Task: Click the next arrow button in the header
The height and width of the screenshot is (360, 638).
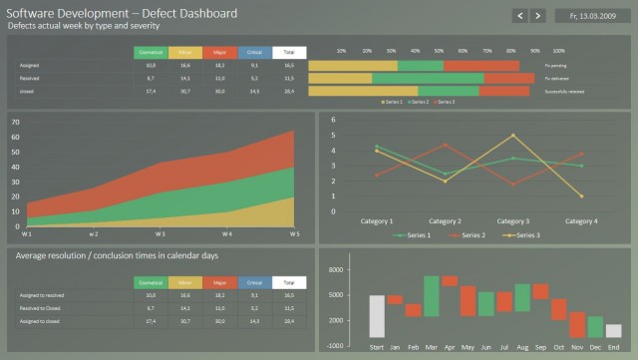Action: tap(538, 16)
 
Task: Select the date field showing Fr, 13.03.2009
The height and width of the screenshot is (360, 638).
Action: tap(590, 16)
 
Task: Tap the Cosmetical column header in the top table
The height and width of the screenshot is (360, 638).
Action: tap(150, 52)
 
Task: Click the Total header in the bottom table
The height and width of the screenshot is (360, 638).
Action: tap(289, 283)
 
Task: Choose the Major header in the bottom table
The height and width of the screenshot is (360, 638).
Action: tap(219, 283)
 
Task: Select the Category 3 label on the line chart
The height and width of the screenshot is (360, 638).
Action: tap(513, 221)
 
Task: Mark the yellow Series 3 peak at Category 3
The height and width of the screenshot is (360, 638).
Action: tap(513, 136)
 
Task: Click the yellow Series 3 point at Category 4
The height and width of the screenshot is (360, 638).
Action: tap(581, 195)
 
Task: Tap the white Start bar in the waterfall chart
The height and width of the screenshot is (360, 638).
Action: tap(376, 315)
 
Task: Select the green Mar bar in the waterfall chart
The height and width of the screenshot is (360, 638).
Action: tap(431, 295)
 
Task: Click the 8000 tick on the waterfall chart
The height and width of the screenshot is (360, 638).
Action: tap(335, 270)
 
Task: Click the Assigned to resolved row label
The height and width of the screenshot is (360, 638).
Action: tap(41, 296)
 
